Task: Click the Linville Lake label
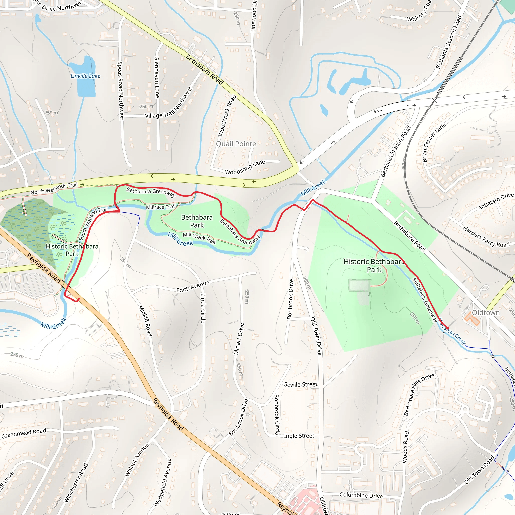[85, 76]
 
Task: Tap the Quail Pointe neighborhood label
[236, 144]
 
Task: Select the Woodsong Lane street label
[245, 167]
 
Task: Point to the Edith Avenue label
[193, 287]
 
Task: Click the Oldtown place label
[486, 312]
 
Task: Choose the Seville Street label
[301, 384]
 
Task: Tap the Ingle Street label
[299, 436]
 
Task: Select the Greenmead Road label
[23, 433]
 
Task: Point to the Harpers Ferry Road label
[486, 236]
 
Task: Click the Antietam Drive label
[496, 201]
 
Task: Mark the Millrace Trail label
[161, 207]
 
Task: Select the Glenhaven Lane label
[157, 77]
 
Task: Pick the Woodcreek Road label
[227, 115]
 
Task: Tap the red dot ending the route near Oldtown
[448, 328]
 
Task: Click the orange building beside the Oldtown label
[472, 319]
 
